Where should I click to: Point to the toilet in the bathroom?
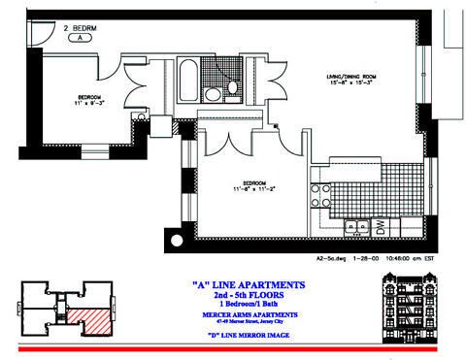coord(233,88)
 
